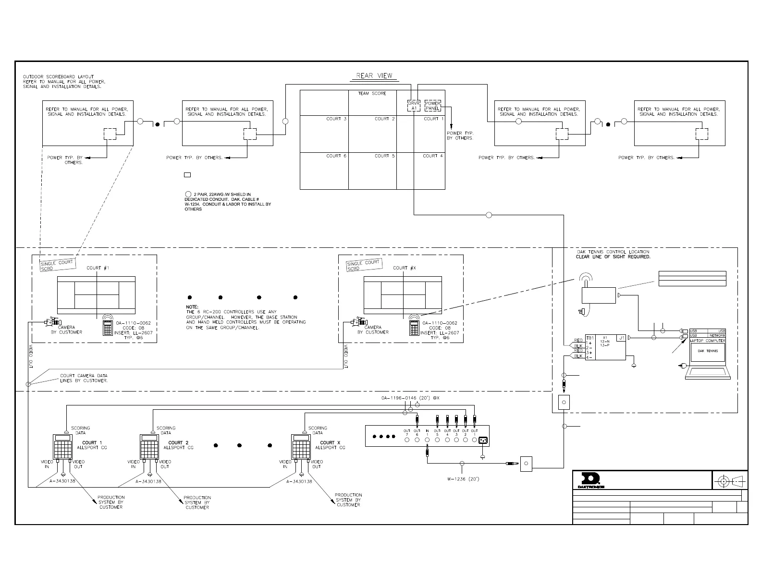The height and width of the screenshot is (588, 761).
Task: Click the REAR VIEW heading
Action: [374, 75]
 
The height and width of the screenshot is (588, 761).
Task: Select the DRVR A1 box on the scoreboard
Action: [414, 106]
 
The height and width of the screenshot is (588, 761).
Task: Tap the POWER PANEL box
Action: [433, 106]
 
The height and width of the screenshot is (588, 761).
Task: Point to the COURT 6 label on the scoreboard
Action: [336, 156]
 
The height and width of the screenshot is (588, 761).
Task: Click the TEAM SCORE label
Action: [372, 93]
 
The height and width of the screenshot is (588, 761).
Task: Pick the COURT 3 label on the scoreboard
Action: [336, 119]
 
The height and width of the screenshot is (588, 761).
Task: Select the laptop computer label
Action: [707, 341]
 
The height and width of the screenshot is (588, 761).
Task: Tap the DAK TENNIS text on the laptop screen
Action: [708, 351]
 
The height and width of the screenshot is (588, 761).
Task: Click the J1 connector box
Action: [621, 338]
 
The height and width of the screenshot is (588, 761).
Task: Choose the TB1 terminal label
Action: [590, 338]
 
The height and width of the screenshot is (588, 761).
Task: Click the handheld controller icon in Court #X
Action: [413, 327]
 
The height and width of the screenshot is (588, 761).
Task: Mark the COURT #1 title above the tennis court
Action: [98, 268]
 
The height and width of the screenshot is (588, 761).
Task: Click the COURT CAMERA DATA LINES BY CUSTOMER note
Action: [84, 378]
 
